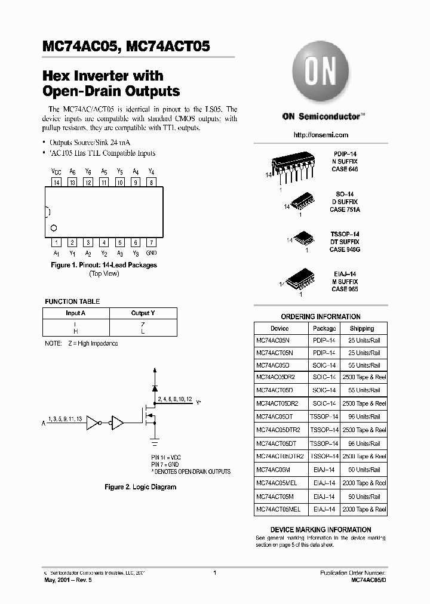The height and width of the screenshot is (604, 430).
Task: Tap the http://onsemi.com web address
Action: pos(321,135)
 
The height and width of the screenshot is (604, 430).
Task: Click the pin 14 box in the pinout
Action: pos(56,182)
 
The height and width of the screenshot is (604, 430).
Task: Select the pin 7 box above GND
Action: pos(152,242)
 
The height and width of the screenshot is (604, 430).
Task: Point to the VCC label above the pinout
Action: pos(56,171)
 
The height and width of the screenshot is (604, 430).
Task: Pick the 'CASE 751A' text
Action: pos(345,210)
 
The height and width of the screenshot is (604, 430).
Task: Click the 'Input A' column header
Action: pos(76,313)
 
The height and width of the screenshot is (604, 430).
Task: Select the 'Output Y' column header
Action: pos(143,313)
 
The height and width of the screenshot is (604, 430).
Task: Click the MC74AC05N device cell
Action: pos(276,340)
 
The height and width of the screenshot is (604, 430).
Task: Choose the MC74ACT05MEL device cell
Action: pos(278,509)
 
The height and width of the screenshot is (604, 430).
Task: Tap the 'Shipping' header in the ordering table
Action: pos(362,328)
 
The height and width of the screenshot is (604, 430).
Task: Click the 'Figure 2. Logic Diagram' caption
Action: pos(140,487)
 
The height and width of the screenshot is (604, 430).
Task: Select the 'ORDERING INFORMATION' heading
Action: pos(321,317)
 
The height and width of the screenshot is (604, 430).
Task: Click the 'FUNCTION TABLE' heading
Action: pos(72,301)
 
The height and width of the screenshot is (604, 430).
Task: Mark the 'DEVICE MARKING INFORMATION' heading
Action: pos(321,529)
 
